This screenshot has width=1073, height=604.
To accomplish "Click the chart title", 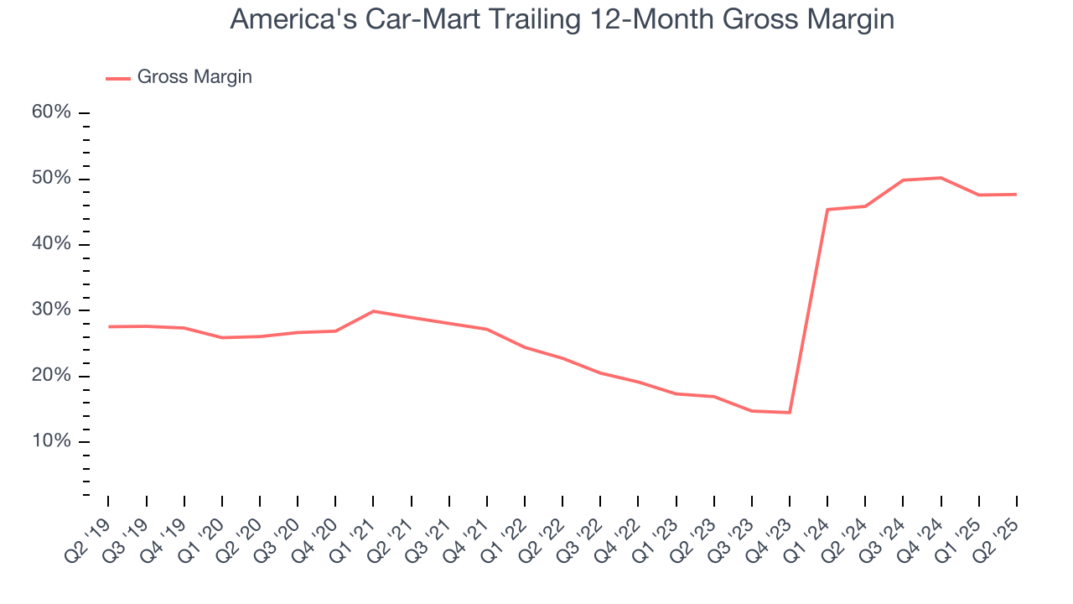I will (562, 18).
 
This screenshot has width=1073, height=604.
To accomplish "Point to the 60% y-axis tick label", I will (52, 113).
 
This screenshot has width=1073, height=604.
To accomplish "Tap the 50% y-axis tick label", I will (52, 179).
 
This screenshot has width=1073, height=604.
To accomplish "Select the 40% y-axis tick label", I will (52, 244).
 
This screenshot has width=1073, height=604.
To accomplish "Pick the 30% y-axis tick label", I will (52, 310).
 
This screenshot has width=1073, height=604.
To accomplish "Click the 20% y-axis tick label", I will (52, 376).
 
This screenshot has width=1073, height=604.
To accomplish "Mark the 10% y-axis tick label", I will (52, 441).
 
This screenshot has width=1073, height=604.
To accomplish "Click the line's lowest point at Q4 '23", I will (789, 413).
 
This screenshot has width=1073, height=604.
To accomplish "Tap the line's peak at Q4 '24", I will (941, 178).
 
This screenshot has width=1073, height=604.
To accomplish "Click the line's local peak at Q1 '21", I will (373, 311).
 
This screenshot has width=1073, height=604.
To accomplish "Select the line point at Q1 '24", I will (827, 210).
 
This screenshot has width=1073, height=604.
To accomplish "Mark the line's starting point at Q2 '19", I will (109, 326).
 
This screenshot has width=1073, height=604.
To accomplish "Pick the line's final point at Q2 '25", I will (1016, 195).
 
